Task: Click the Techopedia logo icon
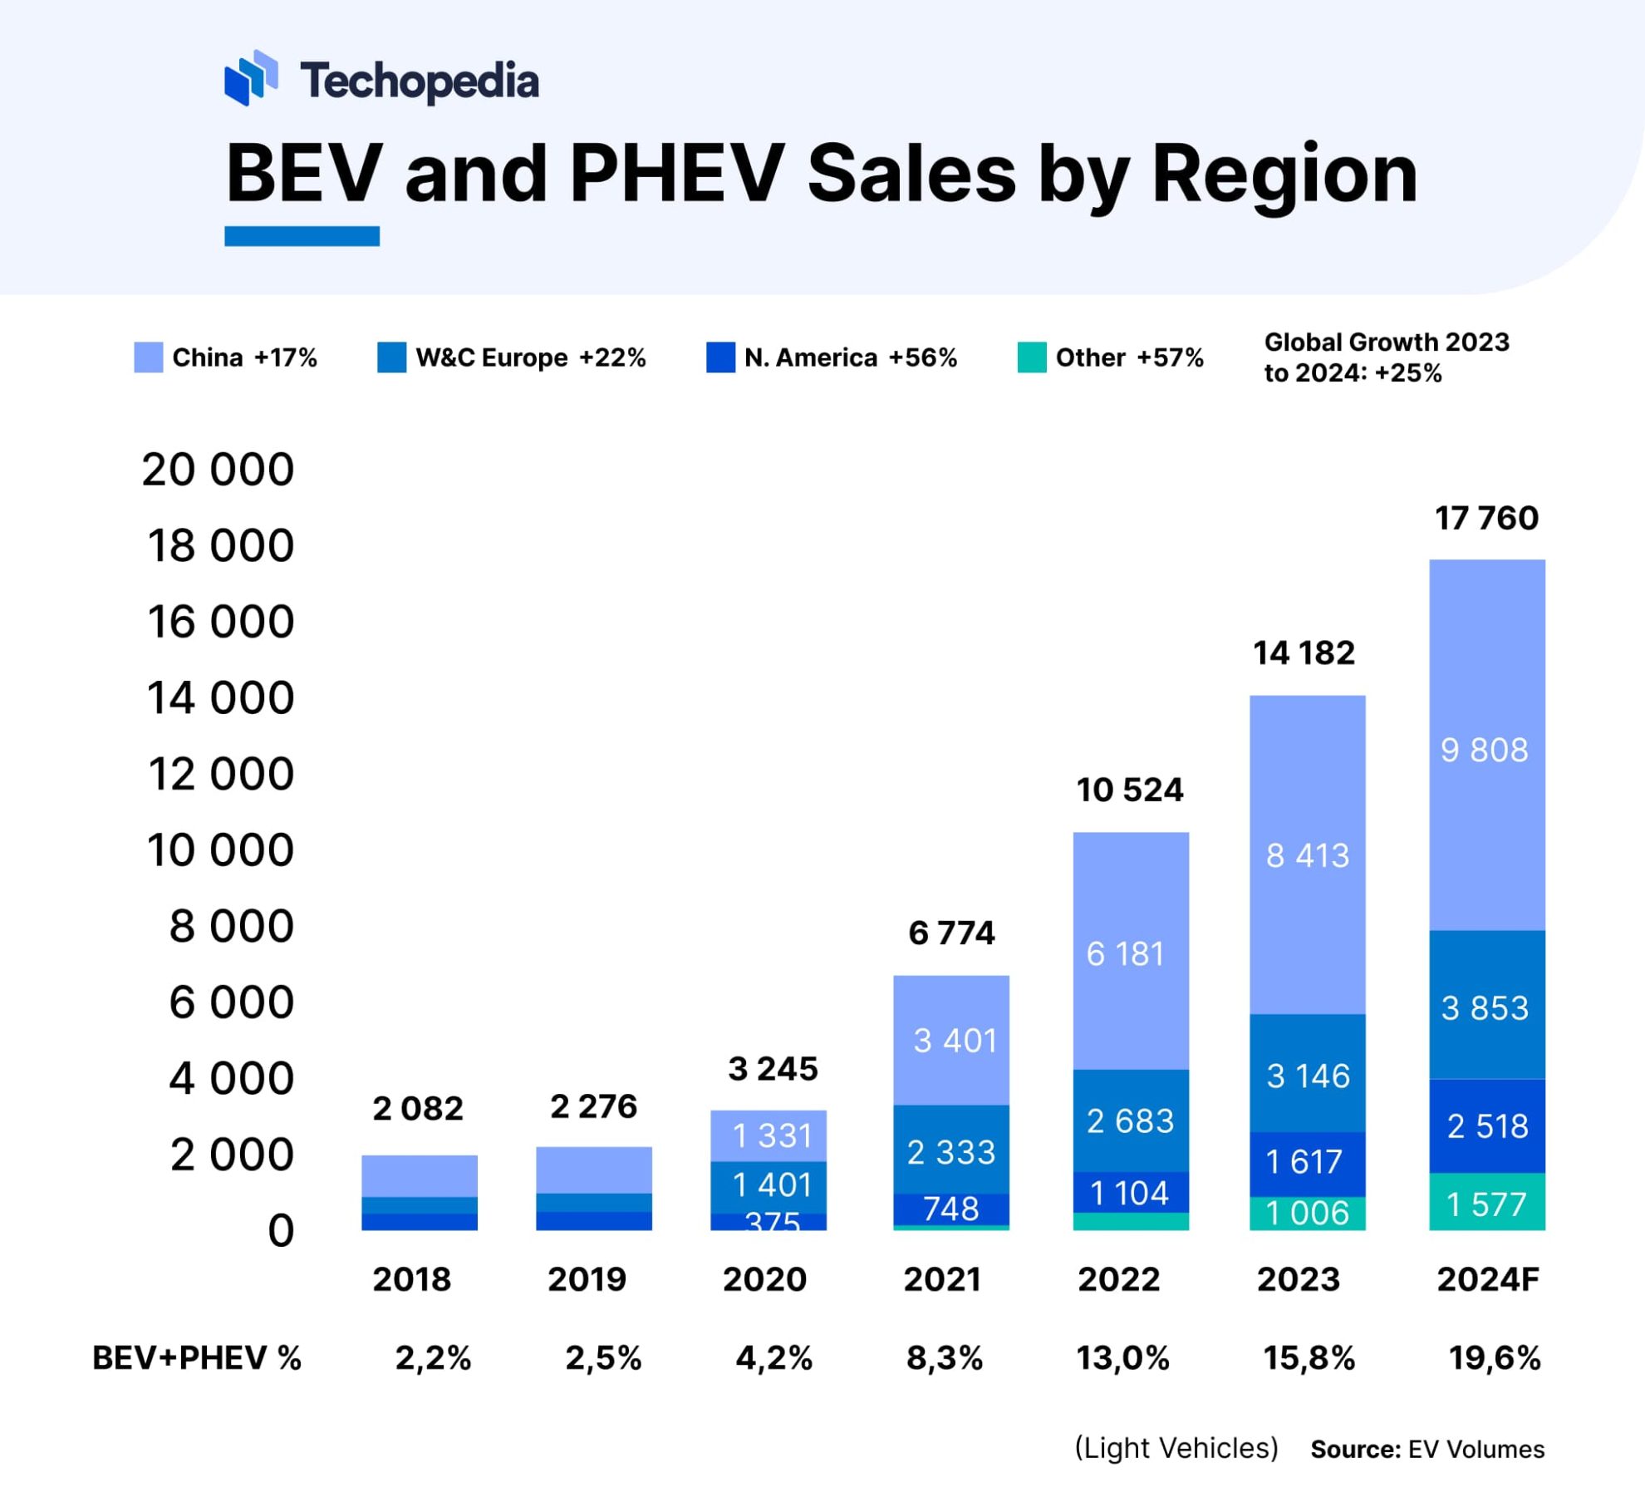click(250, 78)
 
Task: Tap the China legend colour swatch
click(148, 357)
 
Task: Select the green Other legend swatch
click(1031, 357)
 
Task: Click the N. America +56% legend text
click(850, 357)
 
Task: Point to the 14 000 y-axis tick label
click(220, 697)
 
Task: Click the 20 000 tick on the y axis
click(218, 469)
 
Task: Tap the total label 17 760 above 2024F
click(1486, 518)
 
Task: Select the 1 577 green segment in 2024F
click(1486, 1204)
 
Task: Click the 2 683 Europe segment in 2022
click(1130, 1121)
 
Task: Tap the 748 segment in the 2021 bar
click(950, 1209)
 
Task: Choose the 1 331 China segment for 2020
click(772, 1135)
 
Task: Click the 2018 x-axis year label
click(411, 1278)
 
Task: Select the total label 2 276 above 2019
click(593, 1106)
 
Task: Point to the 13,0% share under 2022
click(1122, 1357)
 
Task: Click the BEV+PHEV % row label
click(197, 1357)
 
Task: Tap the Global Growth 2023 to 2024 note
click(1386, 357)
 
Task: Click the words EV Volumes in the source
click(1476, 1450)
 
